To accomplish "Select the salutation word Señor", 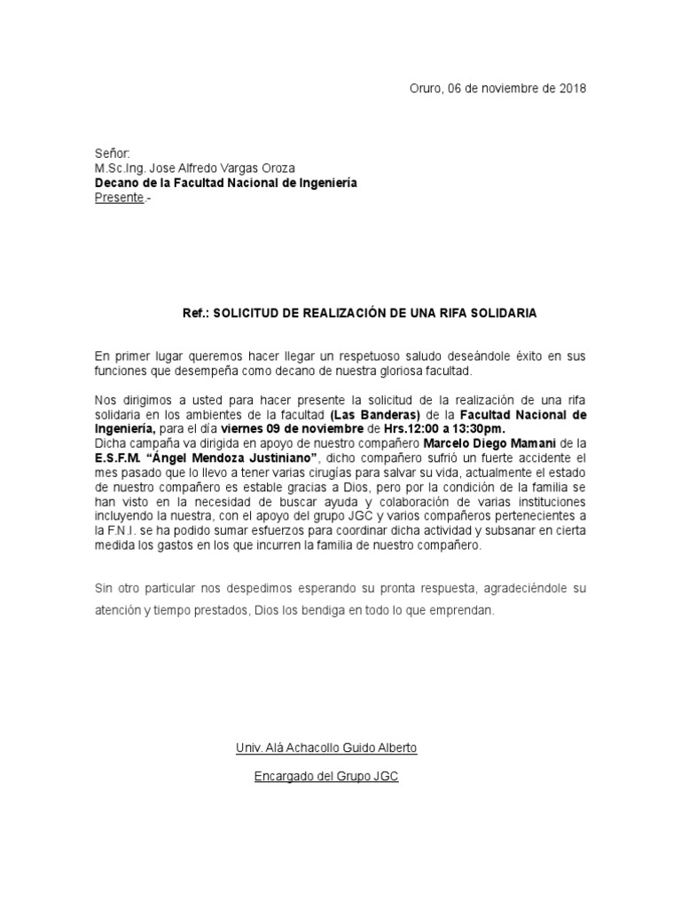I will coord(113,153).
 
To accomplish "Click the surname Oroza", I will coord(274,168).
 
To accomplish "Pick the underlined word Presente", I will coord(119,198).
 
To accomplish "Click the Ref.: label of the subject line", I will coord(195,313).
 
